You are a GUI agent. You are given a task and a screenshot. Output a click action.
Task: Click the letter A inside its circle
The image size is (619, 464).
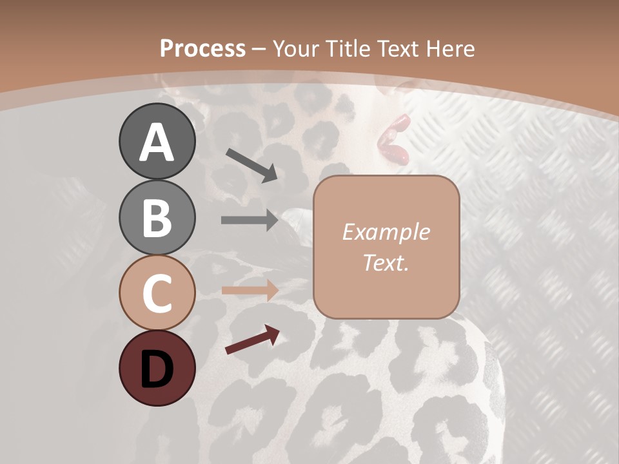click(x=157, y=142)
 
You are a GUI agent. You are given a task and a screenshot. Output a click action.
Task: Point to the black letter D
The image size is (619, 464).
click(x=157, y=369)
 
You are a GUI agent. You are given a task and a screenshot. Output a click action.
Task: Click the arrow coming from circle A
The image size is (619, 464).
click(x=251, y=165)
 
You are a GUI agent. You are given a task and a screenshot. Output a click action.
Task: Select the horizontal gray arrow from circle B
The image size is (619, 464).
click(x=249, y=220)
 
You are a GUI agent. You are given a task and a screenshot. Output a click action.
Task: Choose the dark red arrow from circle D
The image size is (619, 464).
click(x=252, y=340)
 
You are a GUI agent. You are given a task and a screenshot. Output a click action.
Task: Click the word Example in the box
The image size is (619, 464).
click(x=386, y=232)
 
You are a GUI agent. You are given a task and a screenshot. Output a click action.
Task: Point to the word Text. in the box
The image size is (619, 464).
click(x=386, y=262)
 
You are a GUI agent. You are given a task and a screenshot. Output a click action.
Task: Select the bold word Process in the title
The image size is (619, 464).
click(x=202, y=48)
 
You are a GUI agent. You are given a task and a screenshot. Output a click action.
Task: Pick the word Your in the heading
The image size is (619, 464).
click(x=297, y=48)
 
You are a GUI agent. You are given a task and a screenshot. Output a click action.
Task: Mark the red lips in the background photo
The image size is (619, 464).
click(x=394, y=139)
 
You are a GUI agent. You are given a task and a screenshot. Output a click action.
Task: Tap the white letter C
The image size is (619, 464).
click(x=157, y=293)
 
